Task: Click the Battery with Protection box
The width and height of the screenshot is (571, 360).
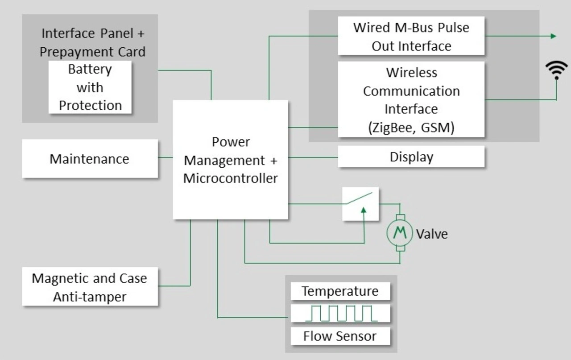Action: point(90,87)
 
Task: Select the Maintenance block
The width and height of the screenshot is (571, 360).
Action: point(90,158)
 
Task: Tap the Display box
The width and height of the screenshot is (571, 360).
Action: point(411,157)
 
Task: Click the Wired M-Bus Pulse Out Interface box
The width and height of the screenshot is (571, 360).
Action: point(411,36)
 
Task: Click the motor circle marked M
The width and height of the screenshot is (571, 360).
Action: point(400,233)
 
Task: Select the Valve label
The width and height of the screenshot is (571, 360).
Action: point(432,234)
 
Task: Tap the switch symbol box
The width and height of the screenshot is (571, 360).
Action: point(360,204)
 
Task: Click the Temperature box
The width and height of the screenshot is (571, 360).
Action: point(340,291)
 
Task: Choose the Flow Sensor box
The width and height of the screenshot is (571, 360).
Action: point(340,336)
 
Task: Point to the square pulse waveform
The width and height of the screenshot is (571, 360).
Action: point(342,313)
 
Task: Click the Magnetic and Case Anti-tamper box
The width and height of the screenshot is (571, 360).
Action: point(90,286)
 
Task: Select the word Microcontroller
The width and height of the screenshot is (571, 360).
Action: point(231,178)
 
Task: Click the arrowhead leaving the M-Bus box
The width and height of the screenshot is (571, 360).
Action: point(553,36)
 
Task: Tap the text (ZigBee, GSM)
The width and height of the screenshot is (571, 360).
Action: point(411,128)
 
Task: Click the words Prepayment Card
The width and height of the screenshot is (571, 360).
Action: point(92,52)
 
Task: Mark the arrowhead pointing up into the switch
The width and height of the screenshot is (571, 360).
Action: point(364,211)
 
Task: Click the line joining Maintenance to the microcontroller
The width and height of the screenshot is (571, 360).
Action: point(166,157)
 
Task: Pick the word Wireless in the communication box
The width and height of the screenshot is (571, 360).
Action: point(411,72)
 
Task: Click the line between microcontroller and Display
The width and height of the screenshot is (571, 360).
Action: point(313,157)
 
